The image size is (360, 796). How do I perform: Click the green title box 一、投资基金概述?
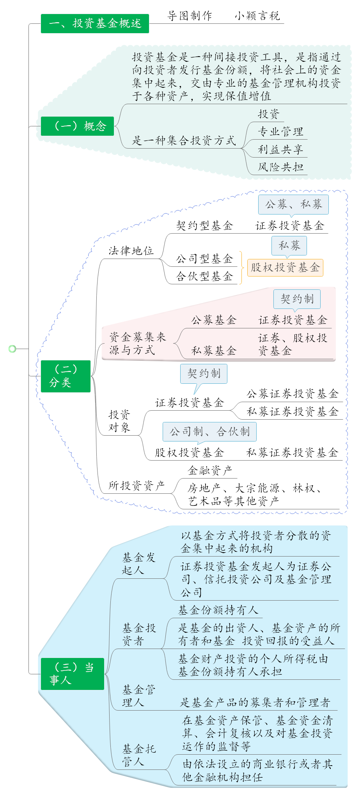[95, 23]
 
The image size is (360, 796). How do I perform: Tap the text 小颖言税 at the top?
[257, 16]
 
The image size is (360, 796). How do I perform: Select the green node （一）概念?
[77, 126]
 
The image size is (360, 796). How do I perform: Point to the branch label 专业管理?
[280, 131]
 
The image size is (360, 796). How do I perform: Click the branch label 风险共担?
[280, 167]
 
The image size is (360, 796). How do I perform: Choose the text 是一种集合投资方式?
[184, 140]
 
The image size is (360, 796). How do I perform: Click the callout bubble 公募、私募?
[294, 204]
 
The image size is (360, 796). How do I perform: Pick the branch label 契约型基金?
[204, 225]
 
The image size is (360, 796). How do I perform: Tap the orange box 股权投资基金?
[285, 268]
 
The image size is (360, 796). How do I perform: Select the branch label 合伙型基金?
[204, 277]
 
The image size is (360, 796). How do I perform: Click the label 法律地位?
[131, 251]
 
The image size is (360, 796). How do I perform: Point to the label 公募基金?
[214, 320]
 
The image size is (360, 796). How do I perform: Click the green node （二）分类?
[66, 376]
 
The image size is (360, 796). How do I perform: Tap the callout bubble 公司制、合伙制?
[209, 432]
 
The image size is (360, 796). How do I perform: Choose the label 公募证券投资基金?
[292, 394]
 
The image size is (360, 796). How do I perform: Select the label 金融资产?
[210, 470]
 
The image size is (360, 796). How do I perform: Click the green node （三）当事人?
[72, 674]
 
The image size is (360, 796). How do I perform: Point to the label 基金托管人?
[139, 755]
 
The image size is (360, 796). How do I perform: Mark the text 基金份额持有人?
[218, 610]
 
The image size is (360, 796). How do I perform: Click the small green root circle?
[12, 349]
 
